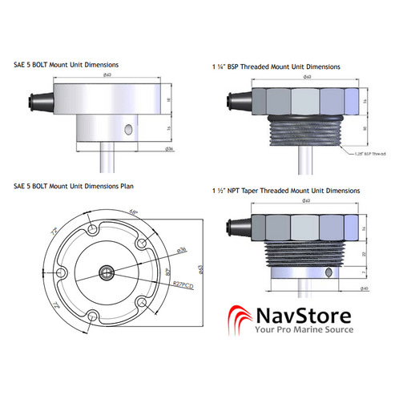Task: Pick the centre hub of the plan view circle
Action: pos(107,272)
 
